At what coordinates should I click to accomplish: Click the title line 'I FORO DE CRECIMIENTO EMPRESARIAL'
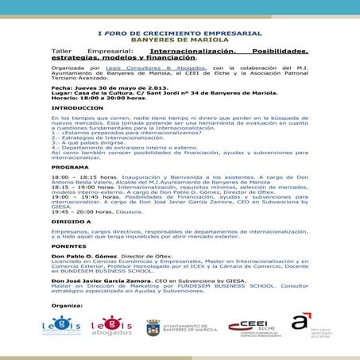179,32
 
